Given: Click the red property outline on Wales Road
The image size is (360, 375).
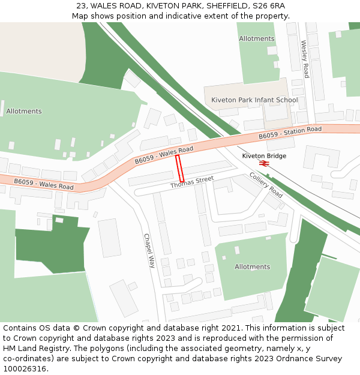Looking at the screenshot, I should pyautogui.click(x=179, y=169).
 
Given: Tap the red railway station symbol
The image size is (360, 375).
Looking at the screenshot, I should pyautogui.click(x=263, y=163).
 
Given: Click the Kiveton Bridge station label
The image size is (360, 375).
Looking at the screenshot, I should pyautogui.click(x=264, y=156).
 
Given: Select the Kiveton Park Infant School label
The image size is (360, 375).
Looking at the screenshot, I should pyautogui.click(x=254, y=100).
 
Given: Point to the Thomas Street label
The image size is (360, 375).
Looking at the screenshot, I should pyautogui.click(x=192, y=182).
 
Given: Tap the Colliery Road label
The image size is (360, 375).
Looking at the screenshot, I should pyautogui.click(x=266, y=185).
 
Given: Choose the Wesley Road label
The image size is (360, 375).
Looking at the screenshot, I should pyautogui.click(x=305, y=59).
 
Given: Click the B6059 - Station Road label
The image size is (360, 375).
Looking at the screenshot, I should pyautogui.click(x=290, y=133).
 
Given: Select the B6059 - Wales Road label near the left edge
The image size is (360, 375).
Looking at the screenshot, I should pyautogui.click(x=43, y=184).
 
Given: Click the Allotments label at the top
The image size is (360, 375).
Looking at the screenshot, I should pyautogui.click(x=256, y=38).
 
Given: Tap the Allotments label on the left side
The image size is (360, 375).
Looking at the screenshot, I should pyautogui.click(x=24, y=111).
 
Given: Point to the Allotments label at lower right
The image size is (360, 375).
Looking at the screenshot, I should pyautogui.click(x=252, y=266).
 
